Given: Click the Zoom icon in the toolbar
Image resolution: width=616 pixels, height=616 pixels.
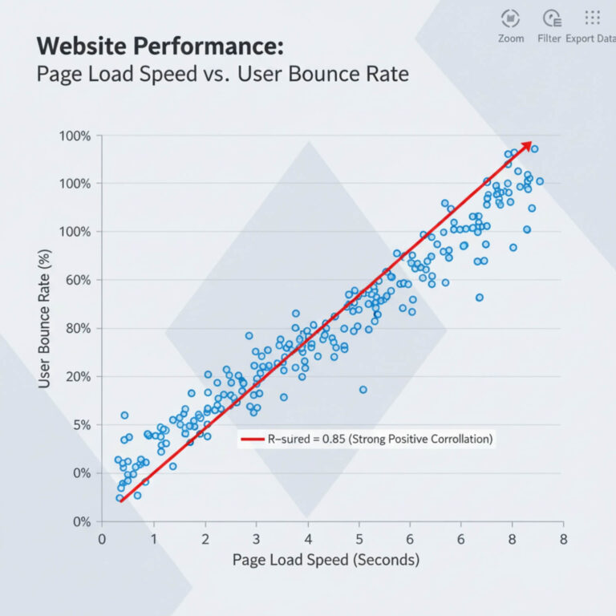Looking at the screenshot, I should tap(510, 18).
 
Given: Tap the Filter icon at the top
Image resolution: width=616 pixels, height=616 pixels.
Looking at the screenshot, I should tap(550, 18).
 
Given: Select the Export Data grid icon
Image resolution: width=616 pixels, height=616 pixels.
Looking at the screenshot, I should tap(592, 18).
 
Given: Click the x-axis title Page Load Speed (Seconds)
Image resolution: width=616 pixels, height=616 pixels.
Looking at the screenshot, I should tap(325, 559).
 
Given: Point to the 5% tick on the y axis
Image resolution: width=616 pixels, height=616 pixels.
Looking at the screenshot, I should tap(80, 424).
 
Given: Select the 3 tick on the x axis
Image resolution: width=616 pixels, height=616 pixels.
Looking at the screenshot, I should tap(257, 538).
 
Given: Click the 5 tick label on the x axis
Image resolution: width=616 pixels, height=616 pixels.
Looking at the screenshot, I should tap(359, 538).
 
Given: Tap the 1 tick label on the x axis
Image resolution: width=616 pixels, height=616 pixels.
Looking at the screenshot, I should tap(154, 538).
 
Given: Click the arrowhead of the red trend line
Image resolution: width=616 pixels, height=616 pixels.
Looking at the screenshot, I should tap(526, 145).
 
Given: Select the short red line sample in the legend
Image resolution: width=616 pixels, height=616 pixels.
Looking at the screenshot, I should tap(252, 439).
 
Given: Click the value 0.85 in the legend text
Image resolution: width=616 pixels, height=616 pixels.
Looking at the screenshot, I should tap(333, 439).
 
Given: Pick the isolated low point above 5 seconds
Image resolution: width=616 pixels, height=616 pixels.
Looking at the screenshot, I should tap(363, 389).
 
